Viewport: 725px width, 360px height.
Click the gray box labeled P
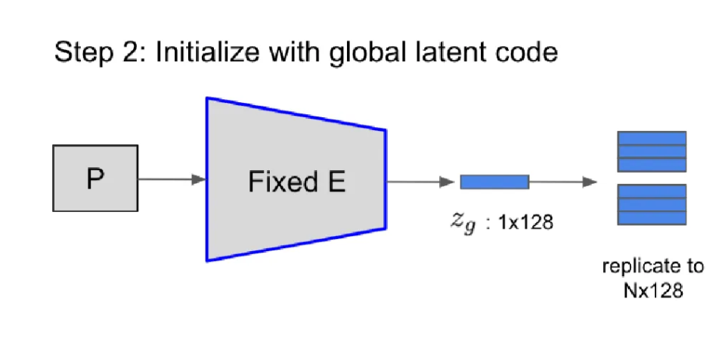(94, 178)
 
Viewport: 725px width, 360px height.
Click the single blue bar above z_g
(494, 182)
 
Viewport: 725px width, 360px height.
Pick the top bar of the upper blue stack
(652, 138)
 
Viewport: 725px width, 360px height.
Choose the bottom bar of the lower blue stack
(652, 216)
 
